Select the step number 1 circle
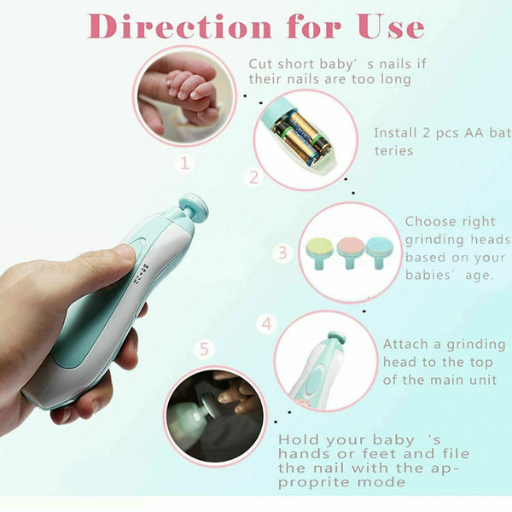[x=185, y=160]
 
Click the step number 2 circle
[x=253, y=177]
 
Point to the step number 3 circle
[x=284, y=253]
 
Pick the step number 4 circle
[x=267, y=324]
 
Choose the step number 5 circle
[x=203, y=349]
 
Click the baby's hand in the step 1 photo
[x=188, y=90]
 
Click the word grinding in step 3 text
[x=435, y=240]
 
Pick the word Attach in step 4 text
[x=408, y=345]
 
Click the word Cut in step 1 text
[x=261, y=64]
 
